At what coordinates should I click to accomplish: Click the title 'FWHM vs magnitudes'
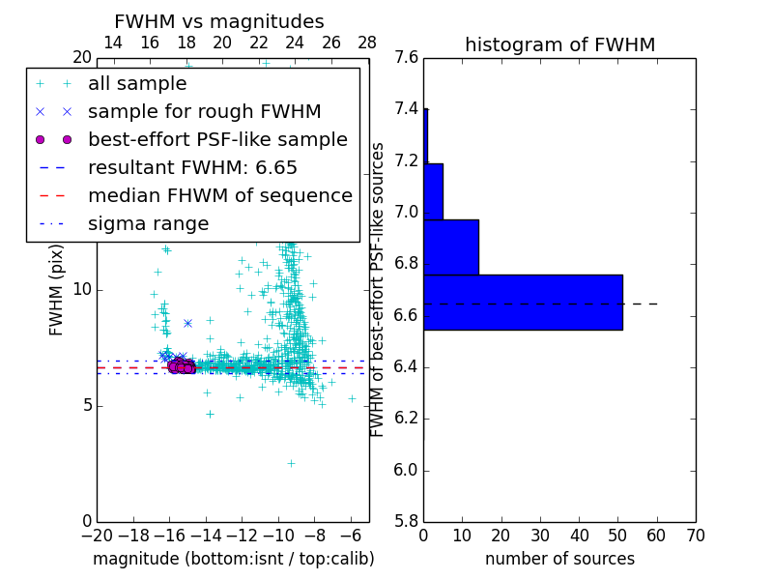click(x=219, y=21)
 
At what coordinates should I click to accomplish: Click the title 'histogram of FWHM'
click(x=559, y=44)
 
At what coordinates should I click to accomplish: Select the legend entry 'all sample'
click(x=136, y=84)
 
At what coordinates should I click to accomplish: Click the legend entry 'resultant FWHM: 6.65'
click(x=192, y=167)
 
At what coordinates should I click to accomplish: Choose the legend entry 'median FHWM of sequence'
click(x=219, y=195)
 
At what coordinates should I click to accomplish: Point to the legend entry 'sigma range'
click(x=148, y=223)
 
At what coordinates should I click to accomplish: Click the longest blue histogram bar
click(x=523, y=302)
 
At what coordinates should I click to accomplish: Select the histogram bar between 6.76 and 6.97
click(x=451, y=246)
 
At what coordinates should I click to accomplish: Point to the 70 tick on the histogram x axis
click(x=695, y=536)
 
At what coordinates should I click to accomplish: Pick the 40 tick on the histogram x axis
click(x=579, y=536)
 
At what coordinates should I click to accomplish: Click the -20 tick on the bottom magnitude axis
click(x=97, y=536)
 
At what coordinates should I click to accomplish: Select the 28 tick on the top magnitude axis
click(x=367, y=43)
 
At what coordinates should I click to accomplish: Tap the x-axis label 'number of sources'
click(x=559, y=559)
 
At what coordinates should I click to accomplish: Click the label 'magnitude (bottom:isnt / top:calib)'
click(x=233, y=559)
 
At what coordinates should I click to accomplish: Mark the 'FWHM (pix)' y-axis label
click(x=57, y=290)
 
